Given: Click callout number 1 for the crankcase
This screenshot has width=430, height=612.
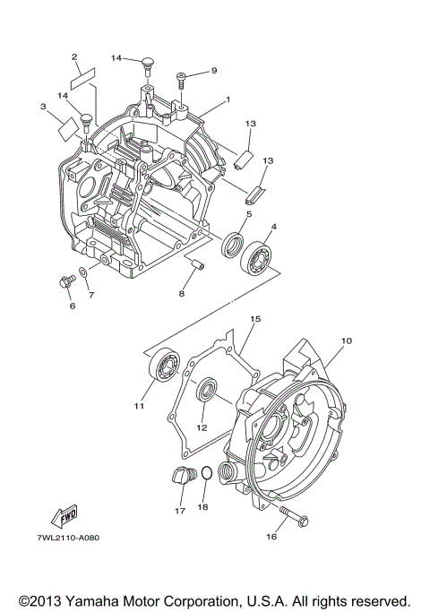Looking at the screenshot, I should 228,99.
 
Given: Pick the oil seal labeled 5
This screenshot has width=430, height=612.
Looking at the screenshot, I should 234,245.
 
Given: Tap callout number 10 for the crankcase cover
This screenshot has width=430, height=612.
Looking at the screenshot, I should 347,341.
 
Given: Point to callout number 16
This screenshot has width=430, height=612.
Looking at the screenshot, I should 270,538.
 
